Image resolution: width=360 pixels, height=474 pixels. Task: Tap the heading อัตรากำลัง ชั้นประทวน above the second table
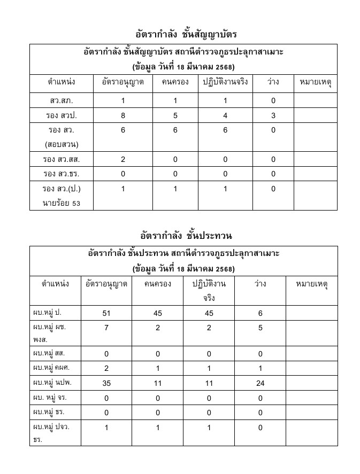186,236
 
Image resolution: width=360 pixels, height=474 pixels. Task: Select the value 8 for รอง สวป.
122,115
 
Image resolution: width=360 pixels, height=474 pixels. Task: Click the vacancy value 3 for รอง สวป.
273,115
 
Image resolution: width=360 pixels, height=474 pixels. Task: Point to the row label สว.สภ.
61,100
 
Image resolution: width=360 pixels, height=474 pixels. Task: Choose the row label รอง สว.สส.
61,159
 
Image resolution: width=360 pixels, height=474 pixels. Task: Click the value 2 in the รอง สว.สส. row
122,159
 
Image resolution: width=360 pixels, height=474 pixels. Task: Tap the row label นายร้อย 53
61,203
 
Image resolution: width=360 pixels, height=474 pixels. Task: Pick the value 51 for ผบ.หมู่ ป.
106,314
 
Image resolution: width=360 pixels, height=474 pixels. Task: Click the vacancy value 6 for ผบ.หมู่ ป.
261,314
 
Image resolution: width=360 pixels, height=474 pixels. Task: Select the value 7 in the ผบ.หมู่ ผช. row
106,328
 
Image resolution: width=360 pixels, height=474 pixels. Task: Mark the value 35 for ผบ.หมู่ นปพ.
106,383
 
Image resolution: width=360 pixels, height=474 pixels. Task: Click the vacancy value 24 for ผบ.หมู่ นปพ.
261,383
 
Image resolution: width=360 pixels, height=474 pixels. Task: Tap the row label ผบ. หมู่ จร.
50,397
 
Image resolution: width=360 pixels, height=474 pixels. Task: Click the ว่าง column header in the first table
273,82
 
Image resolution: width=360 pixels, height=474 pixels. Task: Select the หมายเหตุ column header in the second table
312,284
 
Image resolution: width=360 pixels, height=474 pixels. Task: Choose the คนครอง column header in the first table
175,82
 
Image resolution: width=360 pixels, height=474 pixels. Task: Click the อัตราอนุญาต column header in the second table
106,284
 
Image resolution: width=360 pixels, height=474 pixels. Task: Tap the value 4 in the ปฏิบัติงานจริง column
225,115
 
